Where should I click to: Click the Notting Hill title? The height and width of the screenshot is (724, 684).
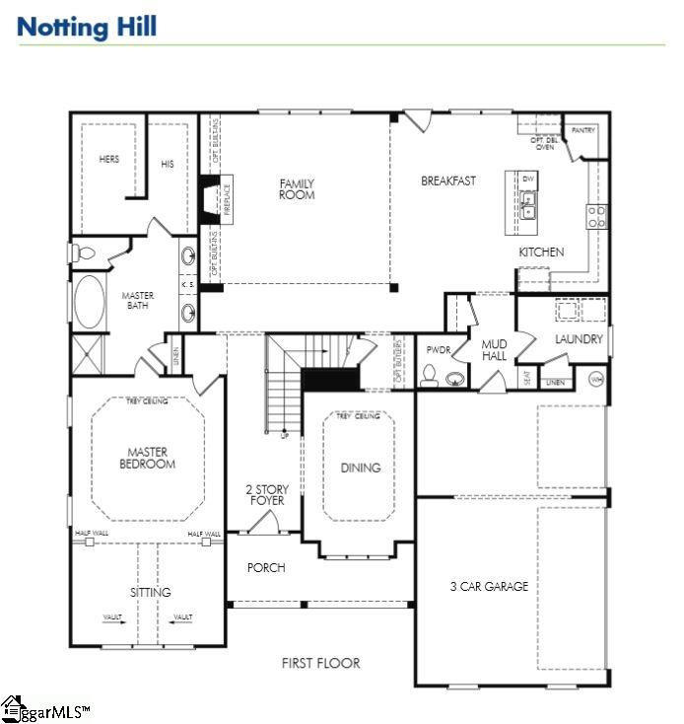[x=87, y=27]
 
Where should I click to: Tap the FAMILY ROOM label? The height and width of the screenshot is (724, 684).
[x=297, y=189]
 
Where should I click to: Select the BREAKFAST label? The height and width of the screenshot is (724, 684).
[x=448, y=181]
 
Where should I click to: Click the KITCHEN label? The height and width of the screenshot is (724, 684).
[x=541, y=253]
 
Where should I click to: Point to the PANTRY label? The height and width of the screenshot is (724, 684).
[x=583, y=129]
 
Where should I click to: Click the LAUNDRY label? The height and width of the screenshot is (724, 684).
[x=579, y=340]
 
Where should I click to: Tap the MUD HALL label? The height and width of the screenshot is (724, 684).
[x=494, y=350]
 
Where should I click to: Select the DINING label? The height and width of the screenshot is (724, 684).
[x=361, y=468]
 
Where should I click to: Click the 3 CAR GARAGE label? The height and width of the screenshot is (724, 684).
[x=489, y=587]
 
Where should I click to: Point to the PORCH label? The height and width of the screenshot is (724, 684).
[x=266, y=568]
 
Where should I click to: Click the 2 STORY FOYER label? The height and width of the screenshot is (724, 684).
[x=265, y=495]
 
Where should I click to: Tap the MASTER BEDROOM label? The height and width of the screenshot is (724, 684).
[x=148, y=458]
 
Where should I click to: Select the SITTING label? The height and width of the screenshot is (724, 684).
[x=150, y=593]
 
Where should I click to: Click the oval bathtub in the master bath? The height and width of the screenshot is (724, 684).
[x=90, y=302]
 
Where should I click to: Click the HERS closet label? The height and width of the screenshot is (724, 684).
[x=108, y=159]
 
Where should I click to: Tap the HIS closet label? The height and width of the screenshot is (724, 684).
[x=168, y=164]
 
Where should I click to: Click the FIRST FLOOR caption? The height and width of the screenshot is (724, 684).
[x=320, y=663]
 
